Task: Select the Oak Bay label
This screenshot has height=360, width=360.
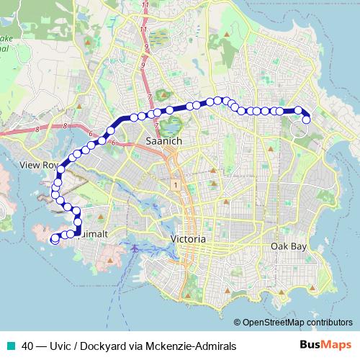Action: coord(288,246)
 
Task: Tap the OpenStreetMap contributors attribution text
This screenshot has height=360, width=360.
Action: coord(297,323)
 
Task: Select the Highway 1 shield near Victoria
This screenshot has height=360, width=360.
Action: coord(175,185)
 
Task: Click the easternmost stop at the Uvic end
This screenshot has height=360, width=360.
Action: coord(306,120)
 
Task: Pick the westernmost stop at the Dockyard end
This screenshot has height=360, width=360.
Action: coord(55,240)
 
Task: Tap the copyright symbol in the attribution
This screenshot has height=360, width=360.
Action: coord(238,323)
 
